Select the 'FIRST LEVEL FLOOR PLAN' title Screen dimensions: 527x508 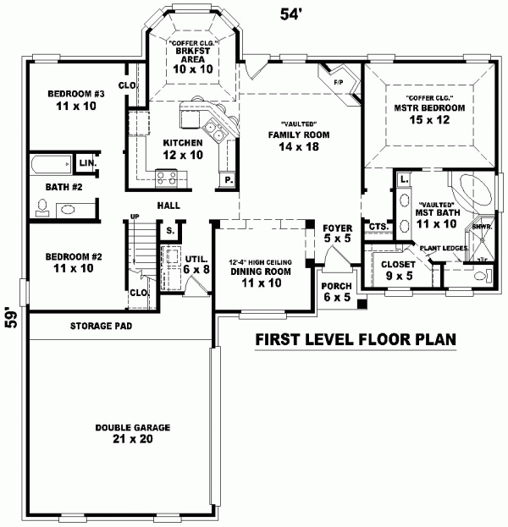coord(356,341)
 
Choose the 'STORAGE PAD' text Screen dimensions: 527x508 coord(101,325)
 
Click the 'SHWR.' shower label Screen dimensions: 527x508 coord(482,227)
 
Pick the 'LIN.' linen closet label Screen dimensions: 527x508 coord(86,162)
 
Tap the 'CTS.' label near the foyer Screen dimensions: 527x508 coord(378,227)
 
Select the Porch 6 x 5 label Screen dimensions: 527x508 coord(336,292)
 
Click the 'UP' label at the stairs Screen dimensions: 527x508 coord(134,217)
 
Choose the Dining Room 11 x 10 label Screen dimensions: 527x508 coord(261,276)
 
